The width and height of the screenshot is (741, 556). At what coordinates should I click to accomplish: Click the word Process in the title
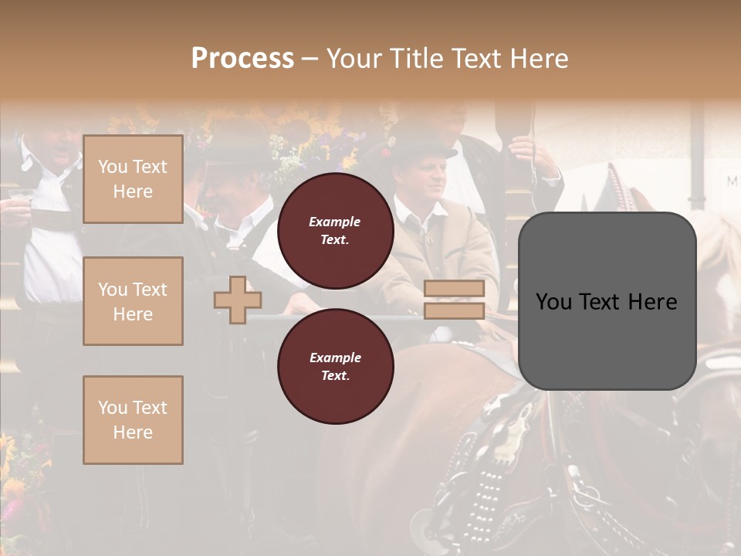coord(242,59)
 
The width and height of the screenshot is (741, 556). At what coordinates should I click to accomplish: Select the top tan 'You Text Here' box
coord(133,179)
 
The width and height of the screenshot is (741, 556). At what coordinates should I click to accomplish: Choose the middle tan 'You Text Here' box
coord(133,301)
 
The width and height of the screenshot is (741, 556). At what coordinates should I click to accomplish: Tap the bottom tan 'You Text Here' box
coord(133,419)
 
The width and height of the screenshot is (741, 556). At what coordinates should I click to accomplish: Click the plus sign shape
coord(238,300)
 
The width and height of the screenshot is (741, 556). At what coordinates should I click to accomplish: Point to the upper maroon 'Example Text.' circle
coord(335,230)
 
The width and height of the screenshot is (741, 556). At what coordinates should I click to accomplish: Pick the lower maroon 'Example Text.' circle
coord(335,366)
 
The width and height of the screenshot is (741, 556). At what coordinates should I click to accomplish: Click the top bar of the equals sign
coord(454,289)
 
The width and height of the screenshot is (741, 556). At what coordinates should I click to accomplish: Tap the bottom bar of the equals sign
coord(454,310)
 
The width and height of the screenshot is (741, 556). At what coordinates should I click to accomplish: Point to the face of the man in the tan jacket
coord(427,176)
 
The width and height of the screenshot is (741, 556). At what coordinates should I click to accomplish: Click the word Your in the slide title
coord(356,59)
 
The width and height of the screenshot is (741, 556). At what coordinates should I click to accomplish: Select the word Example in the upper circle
coord(335,222)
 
